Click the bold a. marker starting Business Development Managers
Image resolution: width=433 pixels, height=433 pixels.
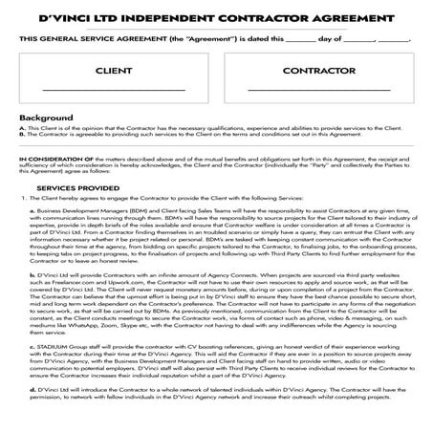point(32,208)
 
